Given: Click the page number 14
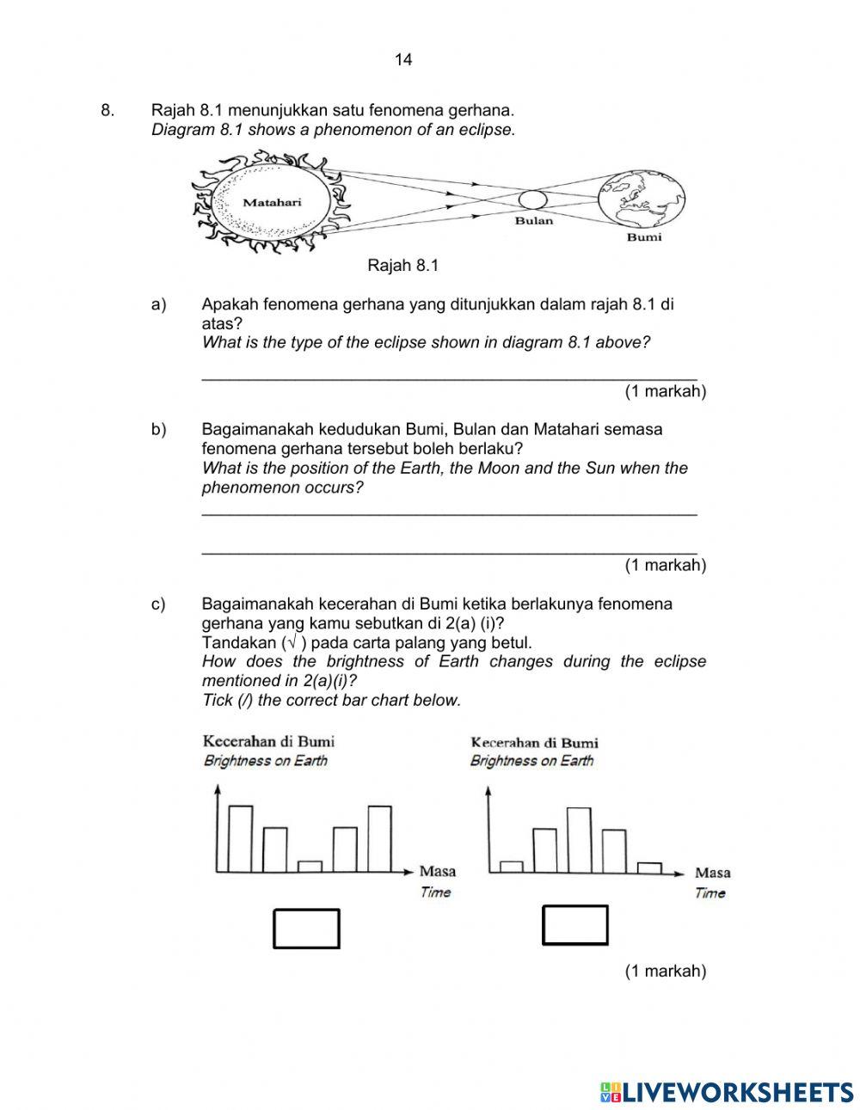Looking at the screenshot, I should coord(403,59).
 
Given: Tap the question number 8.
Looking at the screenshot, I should coord(107,110).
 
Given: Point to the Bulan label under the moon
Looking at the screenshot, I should coord(533,221).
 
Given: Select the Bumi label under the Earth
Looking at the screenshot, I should coord(644,236).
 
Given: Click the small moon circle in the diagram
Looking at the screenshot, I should coord(532,199).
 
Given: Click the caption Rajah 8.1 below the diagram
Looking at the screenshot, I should coord(402,266).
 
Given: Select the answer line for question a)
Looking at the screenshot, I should coord(448,373).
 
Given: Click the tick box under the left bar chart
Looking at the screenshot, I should coord(306,929).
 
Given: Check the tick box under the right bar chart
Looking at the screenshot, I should coord(574,925).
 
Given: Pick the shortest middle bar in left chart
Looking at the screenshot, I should coord(310,866).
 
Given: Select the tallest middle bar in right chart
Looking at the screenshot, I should coord(579,840).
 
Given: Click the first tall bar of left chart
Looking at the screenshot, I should coord(240,838).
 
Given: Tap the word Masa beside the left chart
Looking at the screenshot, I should coord(437,871).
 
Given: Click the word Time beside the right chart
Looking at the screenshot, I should coord(709,892).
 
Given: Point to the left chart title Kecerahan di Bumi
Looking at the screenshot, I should coord(268,740).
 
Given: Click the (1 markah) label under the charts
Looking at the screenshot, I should coord(665,971).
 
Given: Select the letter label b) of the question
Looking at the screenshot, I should coord(158,429).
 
